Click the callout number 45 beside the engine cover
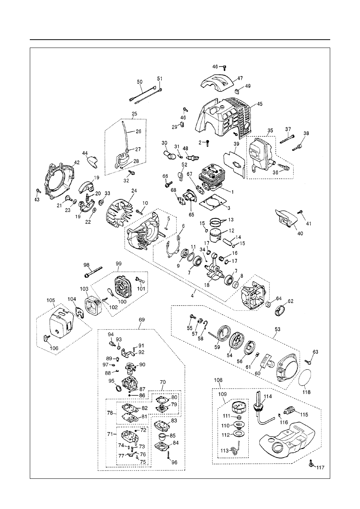[260, 104]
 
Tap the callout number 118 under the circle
[306, 392]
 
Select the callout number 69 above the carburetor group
[142, 319]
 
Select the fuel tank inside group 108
[288, 440]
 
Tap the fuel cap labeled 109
[237, 408]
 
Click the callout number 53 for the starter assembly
[278, 329]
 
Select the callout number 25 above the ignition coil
[135, 114]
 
